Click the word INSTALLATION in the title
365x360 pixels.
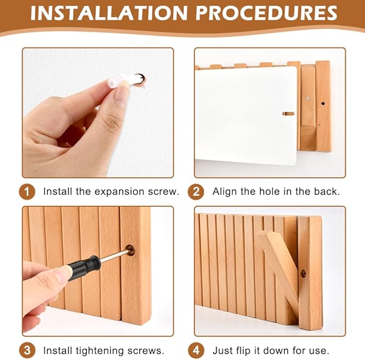pos(109,13)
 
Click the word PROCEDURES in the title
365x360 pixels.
pos(267,13)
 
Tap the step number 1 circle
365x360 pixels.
pos(27,192)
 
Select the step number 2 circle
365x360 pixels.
pos(196,192)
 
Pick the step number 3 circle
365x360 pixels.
pos(27,350)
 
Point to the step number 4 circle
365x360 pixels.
pos(196,350)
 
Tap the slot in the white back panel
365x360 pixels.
pos(288,113)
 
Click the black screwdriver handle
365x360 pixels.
pos(83,268)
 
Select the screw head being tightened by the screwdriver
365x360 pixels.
pos(130,250)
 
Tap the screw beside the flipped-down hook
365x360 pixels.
pos(303,273)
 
